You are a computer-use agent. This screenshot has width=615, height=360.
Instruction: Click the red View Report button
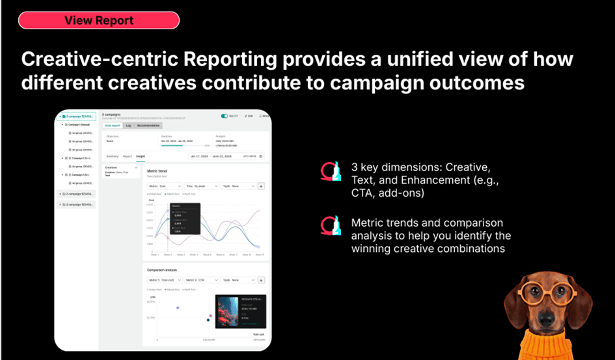pyautogui.click(x=98, y=20)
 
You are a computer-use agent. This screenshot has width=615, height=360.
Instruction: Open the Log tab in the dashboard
pyautogui.click(x=128, y=125)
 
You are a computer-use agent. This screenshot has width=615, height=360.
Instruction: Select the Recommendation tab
pyautogui.click(x=149, y=125)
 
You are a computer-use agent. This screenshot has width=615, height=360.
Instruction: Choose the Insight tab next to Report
pyautogui.click(x=140, y=156)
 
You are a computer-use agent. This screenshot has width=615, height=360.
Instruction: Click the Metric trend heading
pyautogui.click(x=158, y=171)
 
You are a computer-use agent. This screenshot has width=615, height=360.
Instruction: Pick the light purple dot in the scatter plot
pyautogui.click(x=177, y=307)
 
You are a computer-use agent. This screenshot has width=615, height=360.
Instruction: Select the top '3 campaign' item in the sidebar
pyautogui.click(x=77, y=117)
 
